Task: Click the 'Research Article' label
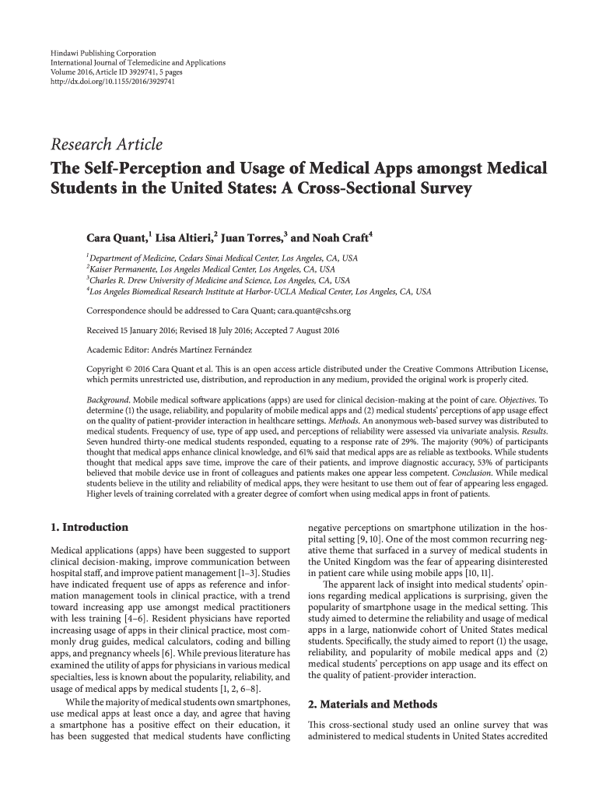click(107, 145)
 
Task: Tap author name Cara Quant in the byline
click(117, 237)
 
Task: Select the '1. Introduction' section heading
click(89, 527)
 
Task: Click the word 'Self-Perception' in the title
click(144, 168)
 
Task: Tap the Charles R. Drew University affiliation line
click(219, 280)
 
